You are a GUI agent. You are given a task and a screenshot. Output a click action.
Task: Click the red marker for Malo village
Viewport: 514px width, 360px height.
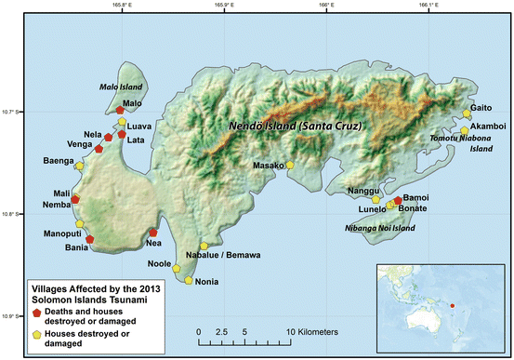click(120, 111)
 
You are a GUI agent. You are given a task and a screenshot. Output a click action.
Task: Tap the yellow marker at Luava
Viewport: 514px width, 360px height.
click(121, 121)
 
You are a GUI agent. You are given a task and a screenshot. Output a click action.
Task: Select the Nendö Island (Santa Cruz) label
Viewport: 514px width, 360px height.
click(295, 126)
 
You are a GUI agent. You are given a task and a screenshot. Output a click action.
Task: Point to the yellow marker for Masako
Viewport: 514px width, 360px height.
click(290, 165)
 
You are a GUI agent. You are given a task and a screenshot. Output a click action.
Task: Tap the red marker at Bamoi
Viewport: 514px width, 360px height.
click(398, 200)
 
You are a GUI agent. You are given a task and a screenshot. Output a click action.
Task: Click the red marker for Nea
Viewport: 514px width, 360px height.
click(153, 233)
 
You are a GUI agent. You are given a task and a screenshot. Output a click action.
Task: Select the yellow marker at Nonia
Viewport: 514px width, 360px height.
click(190, 280)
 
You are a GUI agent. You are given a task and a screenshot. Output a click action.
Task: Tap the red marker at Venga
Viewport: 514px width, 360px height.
click(99, 149)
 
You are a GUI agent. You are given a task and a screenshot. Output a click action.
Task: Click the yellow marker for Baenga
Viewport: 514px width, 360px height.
click(80, 166)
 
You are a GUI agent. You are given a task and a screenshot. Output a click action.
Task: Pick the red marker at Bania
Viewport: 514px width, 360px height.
click(89, 239)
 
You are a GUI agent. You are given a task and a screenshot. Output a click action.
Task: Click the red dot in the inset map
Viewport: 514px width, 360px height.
click(453, 305)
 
